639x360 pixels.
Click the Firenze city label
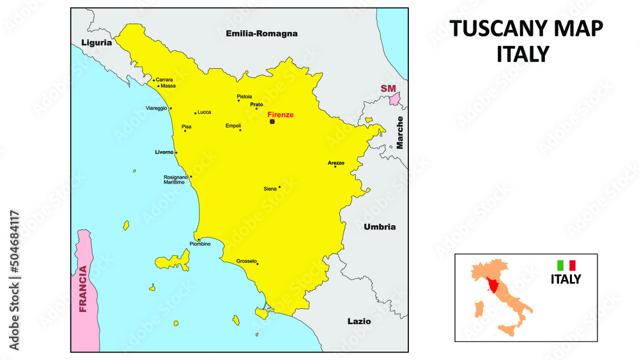(x=281, y=114)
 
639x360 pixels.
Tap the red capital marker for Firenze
(x=272, y=121)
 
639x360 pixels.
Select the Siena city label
(x=270, y=189)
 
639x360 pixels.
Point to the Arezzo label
(x=336, y=163)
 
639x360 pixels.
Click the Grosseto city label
(x=246, y=261)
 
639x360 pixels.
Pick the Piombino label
(x=200, y=244)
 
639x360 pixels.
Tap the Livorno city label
(x=164, y=152)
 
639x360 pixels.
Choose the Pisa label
(x=187, y=127)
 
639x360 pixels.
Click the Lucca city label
(x=204, y=112)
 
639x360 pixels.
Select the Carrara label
(x=165, y=80)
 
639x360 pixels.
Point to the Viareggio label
(x=157, y=108)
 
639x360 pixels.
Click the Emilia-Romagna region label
(x=262, y=33)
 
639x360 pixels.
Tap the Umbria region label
(x=380, y=227)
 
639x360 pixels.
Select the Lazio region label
(x=358, y=321)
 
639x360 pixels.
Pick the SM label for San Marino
(x=388, y=88)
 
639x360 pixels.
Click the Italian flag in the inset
(x=566, y=265)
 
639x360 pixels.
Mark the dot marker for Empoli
(x=240, y=130)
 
